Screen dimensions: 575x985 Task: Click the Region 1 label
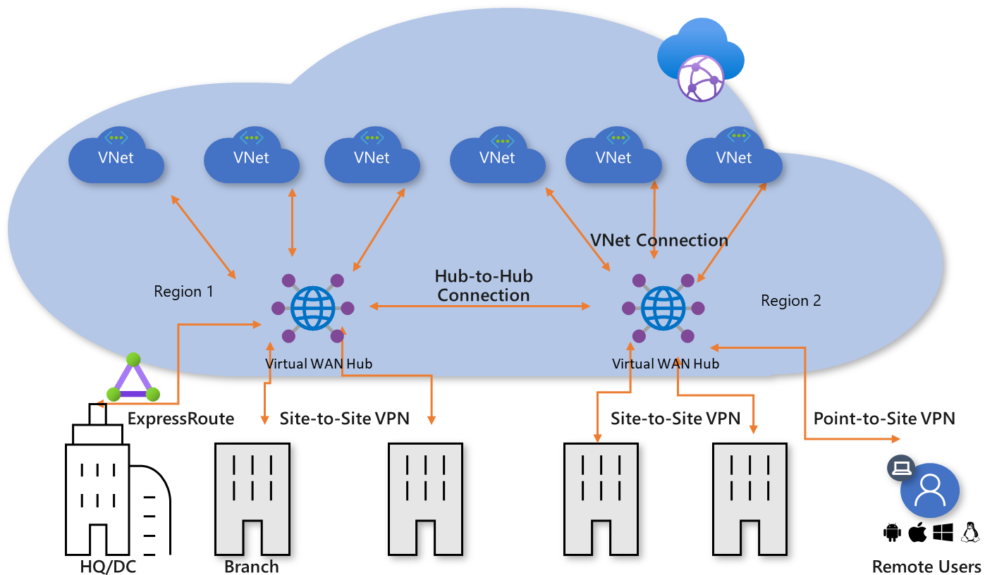pos(183,291)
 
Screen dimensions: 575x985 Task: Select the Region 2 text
pos(790,301)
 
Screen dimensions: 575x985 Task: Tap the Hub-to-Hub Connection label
pos(483,285)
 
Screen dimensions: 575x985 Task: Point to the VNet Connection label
pos(659,240)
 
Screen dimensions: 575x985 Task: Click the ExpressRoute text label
pos(181,419)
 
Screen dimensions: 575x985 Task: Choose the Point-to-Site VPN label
pos(884,419)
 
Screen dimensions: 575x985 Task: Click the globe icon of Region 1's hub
pos(313,308)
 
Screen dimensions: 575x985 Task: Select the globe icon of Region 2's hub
pos(663,308)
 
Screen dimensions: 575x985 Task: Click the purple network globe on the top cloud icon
pos(700,78)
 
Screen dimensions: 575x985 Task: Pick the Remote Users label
pos(926,567)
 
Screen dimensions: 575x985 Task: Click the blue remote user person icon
pos(930,490)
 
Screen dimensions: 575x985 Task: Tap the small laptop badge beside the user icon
pos(900,467)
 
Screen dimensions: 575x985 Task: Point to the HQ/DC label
pos(109,567)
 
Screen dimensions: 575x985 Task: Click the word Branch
pos(251,567)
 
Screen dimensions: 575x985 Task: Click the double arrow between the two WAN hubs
pos(480,306)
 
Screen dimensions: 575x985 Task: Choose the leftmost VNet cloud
pos(116,156)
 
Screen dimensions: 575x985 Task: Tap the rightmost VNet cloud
pos(734,156)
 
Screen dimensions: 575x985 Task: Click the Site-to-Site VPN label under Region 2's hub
pos(675,419)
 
